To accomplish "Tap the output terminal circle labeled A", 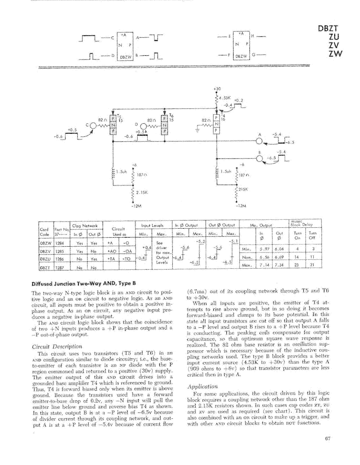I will click(259, 140).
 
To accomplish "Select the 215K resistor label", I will click(243, 190).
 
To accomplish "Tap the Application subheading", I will click(202, 386).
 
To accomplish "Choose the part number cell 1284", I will click(59, 243).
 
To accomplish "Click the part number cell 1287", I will click(59, 267).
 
